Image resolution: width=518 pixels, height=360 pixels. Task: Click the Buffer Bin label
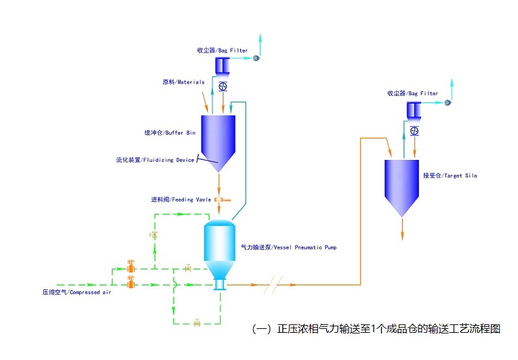[x=170, y=133]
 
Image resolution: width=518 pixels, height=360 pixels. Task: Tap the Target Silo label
[x=450, y=175]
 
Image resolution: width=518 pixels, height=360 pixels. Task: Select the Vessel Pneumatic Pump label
[x=289, y=247]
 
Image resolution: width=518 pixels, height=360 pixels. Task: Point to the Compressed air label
[x=77, y=292]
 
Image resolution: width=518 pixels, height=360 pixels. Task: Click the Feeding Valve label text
[x=181, y=199]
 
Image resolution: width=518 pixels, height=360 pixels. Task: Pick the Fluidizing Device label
[x=155, y=160]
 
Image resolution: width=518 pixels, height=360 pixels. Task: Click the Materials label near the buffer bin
[x=183, y=82]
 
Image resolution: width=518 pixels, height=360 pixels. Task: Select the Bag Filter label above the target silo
[x=412, y=93]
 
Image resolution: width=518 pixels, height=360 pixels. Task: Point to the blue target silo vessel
[x=402, y=181]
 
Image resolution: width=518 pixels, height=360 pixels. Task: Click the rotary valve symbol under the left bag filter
[x=223, y=86]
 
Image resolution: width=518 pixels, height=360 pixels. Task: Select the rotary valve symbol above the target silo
[x=414, y=131]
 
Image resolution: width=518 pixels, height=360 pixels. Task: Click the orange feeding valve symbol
[x=220, y=199]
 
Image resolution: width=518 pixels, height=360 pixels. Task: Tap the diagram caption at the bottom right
[x=376, y=328]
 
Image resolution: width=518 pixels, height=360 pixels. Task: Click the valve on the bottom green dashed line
[x=197, y=322]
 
